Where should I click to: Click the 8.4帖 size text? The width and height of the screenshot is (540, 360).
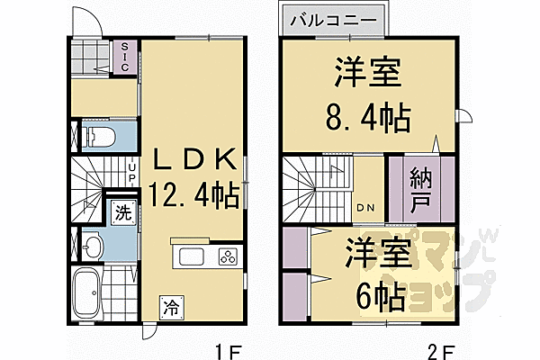click(x=367, y=115)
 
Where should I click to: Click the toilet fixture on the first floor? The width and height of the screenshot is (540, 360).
click(x=98, y=137)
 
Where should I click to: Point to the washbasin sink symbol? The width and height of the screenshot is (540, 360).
click(x=93, y=246)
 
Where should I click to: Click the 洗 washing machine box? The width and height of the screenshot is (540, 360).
click(x=121, y=213)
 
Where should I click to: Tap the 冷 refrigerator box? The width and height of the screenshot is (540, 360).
click(x=170, y=307)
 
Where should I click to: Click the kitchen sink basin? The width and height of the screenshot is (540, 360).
click(x=194, y=256)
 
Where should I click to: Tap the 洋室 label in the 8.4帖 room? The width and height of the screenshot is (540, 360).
click(x=367, y=74)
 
